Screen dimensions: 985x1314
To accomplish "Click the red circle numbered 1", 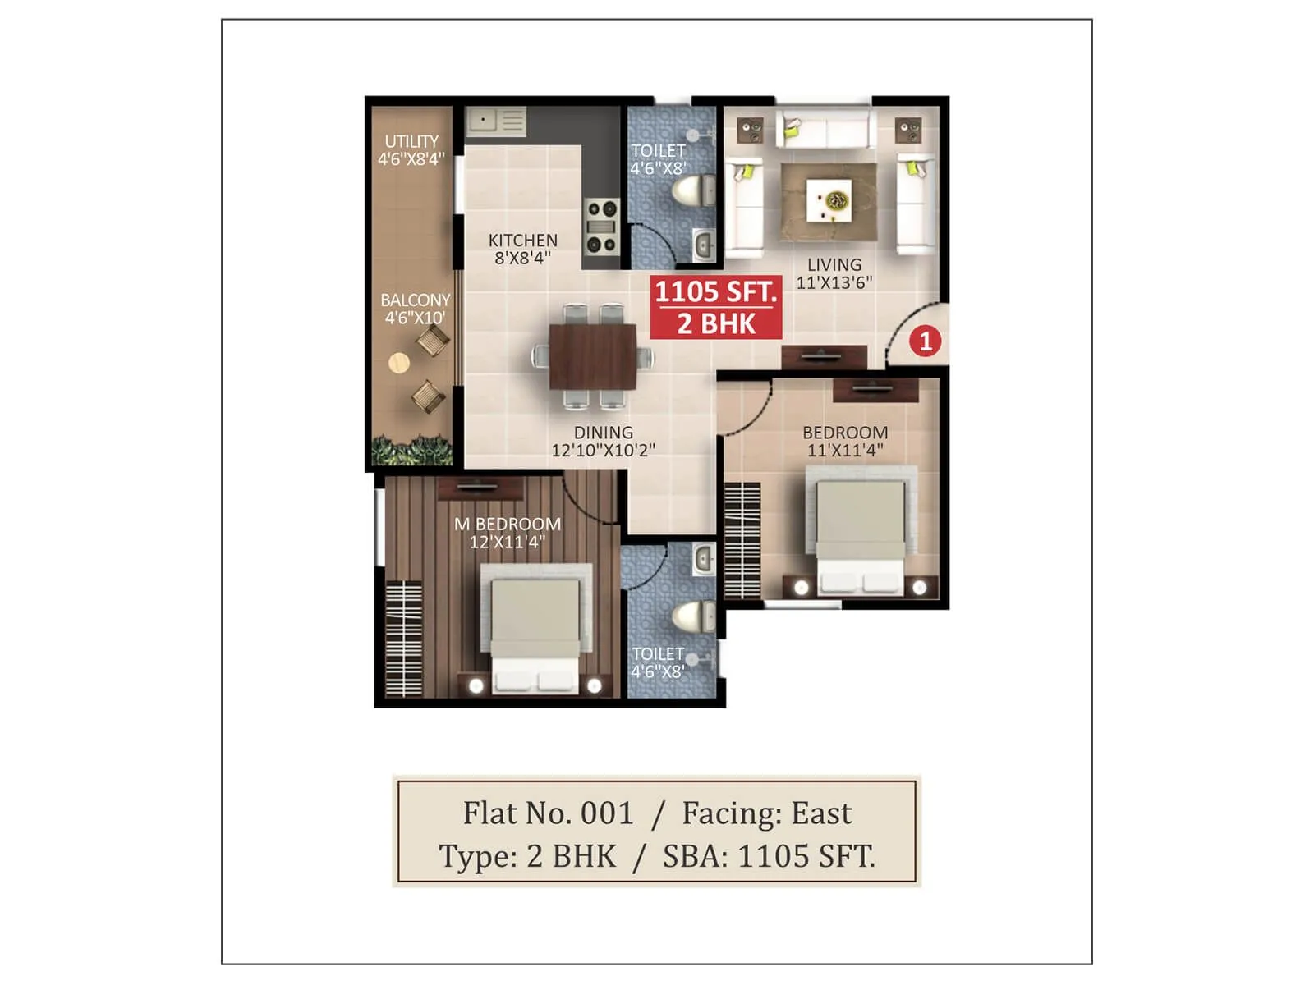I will [926, 341].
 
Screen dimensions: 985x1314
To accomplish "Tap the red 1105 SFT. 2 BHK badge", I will [716, 308].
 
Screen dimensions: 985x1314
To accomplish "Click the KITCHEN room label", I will [522, 249].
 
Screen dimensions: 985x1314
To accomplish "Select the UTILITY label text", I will [411, 150].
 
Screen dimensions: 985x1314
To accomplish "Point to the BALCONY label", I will [415, 309].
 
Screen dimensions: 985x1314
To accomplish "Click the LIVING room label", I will [834, 273].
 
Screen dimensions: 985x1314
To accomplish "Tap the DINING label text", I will [603, 441].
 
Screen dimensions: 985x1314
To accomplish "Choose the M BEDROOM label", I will [508, 533].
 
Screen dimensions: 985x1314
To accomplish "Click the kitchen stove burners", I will [601, 226].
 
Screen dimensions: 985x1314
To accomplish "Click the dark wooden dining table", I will [592, 357].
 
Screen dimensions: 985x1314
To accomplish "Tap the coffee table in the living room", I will [829, 202].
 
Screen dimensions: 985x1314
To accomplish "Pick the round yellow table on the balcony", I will [399, 363].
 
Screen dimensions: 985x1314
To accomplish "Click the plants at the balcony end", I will [411, 451].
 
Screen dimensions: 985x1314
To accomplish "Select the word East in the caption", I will [820, 813].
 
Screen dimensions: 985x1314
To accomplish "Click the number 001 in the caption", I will [607, 813].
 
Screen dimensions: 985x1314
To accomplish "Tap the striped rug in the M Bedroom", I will [404, 639].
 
